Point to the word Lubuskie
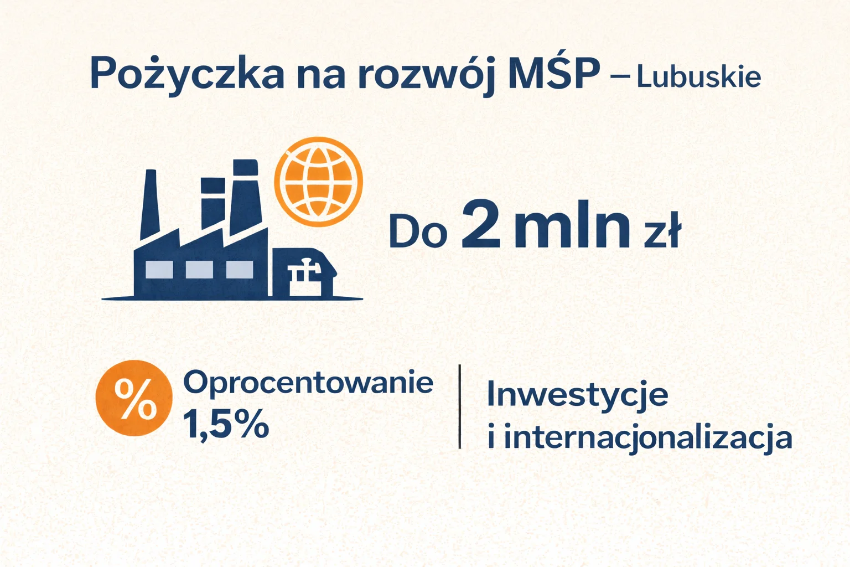coord(698,77)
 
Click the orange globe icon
coord(318,182)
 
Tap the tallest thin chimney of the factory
coord(149,205)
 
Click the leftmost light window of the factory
coord(159,269)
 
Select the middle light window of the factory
coord(199,269)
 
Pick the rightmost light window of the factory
coord(240,269)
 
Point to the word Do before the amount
coord(418,231)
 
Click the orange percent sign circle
coord(133,398)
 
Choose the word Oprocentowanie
coord(308,382)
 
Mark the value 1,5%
coord(226,425)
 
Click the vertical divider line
coord(460,406)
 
